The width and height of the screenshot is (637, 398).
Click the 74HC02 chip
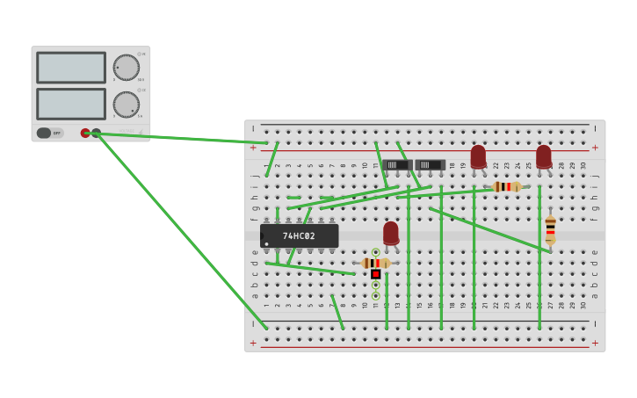click(299, 235)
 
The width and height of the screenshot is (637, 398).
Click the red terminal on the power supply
click(85, 134)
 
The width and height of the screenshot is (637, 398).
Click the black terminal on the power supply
click(96, 134)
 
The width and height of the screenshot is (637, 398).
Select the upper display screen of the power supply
click(71, 68)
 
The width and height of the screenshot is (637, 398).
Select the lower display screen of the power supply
click(71, 104)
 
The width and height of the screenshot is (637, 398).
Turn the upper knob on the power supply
click(126, 68)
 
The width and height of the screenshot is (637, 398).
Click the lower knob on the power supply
click(126, 105)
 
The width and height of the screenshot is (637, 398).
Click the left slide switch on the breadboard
click(397, 164)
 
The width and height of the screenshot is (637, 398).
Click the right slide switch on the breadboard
click(430, 164)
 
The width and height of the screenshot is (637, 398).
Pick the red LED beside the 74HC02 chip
click(391, 233)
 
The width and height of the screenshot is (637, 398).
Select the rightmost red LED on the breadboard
click(544, 156)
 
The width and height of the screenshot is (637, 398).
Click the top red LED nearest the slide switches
click(478, 156)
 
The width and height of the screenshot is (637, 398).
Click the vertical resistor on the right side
click(550, 228)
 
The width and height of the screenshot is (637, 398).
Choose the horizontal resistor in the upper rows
click(506, 186)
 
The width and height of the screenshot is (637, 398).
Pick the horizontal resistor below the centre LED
click(375, 263)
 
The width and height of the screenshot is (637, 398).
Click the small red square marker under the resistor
click(375, 274)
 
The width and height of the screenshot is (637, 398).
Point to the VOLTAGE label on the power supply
click(128, 132)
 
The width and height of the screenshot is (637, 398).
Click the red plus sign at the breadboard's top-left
click(253, 148)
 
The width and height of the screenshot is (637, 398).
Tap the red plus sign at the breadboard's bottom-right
click(595, 343)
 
